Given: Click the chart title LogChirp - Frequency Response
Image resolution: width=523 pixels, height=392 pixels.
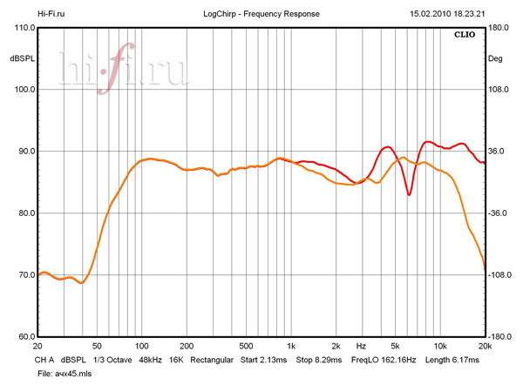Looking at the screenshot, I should click(x=261, y=14).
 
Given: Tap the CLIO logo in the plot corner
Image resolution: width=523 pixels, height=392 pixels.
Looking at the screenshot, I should click(x=465, y=36).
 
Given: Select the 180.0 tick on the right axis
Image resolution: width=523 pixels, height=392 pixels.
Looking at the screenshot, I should click(x=499, y=28).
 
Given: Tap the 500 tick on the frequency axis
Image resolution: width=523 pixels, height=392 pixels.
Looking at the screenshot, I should click(x=246, y=346).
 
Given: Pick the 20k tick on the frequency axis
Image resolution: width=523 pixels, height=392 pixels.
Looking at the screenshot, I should click(x=485, y=346).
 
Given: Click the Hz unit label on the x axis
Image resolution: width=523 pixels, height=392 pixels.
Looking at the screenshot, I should click(x=361, y=346).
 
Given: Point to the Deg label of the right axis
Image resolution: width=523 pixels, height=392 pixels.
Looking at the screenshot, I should click(x=495, y=58).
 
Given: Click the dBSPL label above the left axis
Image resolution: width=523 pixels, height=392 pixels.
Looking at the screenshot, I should click(x=22, y=58).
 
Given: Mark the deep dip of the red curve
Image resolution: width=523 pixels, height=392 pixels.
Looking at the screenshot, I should click(x=409, y=195).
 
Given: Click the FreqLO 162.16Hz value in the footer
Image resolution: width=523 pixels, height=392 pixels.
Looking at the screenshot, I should click(x=384, y=359).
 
